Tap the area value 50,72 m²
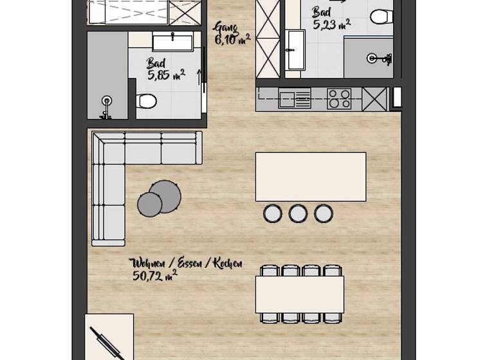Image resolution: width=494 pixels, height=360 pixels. (154, 276)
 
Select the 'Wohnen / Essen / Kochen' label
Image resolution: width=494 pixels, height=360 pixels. (186, 264)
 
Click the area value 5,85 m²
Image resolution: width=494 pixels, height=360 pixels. (166, 75)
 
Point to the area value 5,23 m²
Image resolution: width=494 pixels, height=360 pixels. (331, 24)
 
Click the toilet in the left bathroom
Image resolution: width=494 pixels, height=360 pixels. (147, 101)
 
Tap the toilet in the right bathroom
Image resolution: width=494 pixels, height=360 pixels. (381, 15)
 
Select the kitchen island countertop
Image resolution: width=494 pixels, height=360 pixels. (311, 177)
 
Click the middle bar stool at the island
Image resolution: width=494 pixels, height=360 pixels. (298, 213)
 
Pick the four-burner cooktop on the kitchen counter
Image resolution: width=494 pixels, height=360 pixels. (339, 99)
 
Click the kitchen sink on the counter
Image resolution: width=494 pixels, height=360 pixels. (295, 99)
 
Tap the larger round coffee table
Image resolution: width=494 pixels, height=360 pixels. (165, 196)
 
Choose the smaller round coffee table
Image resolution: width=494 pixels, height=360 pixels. (150, 204)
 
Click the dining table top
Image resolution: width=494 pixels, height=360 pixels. (299, 294)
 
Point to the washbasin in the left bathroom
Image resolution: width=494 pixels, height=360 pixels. (172, 42)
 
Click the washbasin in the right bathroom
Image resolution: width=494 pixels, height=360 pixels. (295, 50)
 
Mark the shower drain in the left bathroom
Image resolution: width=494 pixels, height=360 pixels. (106, 100)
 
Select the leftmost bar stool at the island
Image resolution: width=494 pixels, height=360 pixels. (273, 213)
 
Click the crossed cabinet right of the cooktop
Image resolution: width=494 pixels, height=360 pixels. (374, 99)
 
